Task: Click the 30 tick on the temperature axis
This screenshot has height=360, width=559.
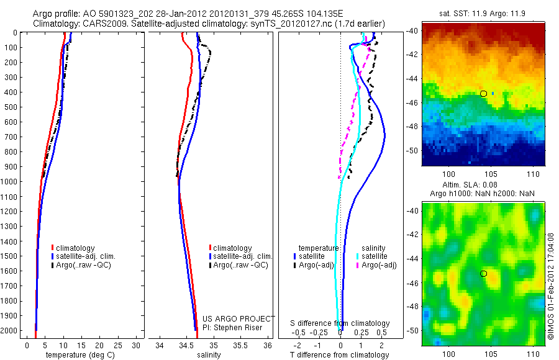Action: coord(136,345)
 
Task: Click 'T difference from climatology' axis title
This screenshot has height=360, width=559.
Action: coord(340,355)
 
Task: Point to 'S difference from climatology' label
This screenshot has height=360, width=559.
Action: coord(340,323)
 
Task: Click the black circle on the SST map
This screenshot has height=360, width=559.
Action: coord(483,94)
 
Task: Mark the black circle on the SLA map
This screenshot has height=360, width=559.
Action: coord(483,274)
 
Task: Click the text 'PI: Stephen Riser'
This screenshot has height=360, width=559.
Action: coord(232,328)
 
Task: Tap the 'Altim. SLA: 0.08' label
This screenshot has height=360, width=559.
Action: coord(482,186)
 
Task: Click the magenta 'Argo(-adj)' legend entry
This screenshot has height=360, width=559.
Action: coord(379,266)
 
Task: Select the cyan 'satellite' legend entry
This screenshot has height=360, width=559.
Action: coord(375,256)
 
